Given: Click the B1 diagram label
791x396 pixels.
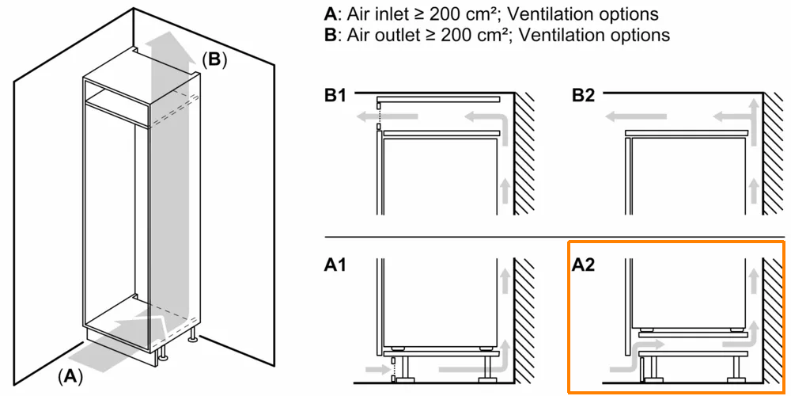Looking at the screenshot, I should point(335,97).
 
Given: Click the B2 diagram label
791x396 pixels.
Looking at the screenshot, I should point(583,97).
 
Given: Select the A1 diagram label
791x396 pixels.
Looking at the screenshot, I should point(335,264).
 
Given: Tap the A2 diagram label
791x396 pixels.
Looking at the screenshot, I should point(583,264).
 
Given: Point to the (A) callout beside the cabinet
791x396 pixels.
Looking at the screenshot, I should point(70,377).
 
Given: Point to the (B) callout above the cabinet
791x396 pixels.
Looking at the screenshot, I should point(214,59).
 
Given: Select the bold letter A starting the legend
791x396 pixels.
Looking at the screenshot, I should point(329,14).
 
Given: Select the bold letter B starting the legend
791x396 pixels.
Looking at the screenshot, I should point(329,35).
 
